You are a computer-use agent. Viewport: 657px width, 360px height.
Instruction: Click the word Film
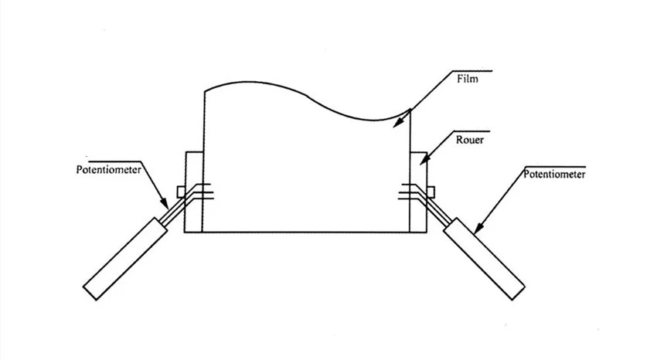(x=467, y=79)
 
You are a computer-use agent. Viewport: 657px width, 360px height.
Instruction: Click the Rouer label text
(x=470, y=140)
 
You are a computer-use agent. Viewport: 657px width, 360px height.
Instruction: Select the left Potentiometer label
(x=108, y=169)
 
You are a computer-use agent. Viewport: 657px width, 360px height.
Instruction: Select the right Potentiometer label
(x=554, y=174)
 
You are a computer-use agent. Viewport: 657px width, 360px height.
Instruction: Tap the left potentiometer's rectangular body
(x=125, y=259)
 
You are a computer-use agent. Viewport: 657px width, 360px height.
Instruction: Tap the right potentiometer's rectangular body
(x=484, y=259)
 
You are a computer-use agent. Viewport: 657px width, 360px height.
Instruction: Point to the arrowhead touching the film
(x=397, y=122)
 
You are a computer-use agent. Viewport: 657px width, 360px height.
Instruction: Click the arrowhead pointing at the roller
(x=424, y=159)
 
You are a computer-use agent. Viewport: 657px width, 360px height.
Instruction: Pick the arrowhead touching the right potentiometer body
(x=478, y=227)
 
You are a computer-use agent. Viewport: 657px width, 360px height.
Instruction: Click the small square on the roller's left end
(x=181, y=192)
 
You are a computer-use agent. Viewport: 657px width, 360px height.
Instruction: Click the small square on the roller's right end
(x=431, y=192)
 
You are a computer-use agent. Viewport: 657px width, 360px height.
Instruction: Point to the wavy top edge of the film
(x=308, y=97)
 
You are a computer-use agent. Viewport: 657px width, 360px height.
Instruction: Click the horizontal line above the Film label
(x=473, y=71)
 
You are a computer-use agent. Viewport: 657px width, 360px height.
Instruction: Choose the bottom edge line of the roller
(x=306, y=232)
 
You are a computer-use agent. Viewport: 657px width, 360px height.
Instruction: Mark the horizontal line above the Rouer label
(x=471, y=131)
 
